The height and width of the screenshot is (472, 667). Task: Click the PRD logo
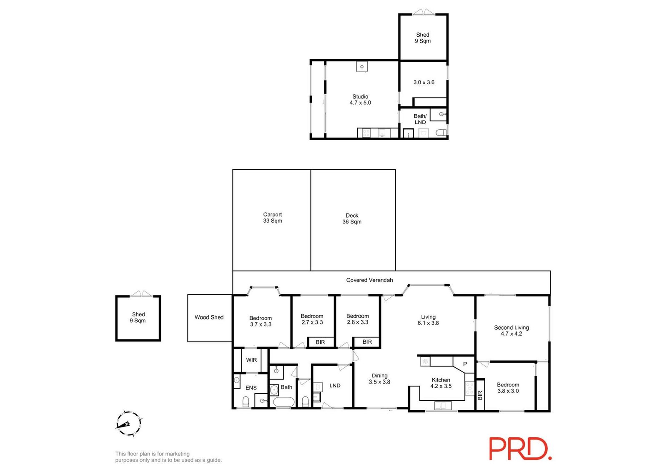(521, 449)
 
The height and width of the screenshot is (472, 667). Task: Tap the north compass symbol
(128, 424)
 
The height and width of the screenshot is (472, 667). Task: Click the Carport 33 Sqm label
(273, 218)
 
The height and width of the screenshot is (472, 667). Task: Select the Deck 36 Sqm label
(352, 218)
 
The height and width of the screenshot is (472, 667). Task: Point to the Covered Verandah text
(369, 280)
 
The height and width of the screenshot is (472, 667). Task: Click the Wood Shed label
(209, 317)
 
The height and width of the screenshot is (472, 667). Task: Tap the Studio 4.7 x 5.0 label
(360, 100)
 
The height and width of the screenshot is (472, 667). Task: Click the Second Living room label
(512, 331)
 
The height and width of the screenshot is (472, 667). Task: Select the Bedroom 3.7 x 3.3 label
(261, 321)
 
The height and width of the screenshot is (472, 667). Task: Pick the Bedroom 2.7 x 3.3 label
(312, 319)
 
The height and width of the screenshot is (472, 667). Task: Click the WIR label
(251, 360)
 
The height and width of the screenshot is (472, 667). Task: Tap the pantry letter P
(465, 364)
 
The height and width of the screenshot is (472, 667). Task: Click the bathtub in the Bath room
(284, 402)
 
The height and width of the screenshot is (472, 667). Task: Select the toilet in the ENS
(246, 402)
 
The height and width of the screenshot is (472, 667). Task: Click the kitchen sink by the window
(443, 405)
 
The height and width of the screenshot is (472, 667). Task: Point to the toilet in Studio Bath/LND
(441, 133)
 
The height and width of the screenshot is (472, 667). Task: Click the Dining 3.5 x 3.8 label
(380, 379)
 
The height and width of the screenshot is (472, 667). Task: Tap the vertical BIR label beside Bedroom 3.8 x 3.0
(480, 395)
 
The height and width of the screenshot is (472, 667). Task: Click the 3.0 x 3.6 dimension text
(424, 83)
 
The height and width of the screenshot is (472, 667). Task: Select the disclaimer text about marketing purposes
(168, 457)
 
